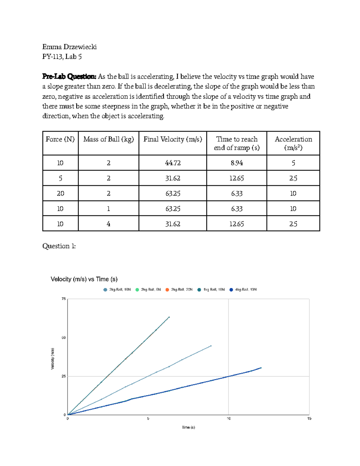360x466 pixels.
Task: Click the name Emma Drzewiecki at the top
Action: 69,47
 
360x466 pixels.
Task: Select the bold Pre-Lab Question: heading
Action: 69,77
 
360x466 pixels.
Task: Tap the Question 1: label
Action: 59,246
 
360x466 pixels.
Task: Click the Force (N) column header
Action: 60,139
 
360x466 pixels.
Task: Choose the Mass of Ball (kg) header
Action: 109,139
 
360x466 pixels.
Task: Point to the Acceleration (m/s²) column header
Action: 293,143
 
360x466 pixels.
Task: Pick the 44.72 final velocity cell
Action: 172,163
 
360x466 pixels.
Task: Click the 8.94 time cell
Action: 236,163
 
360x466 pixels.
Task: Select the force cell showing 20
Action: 60,194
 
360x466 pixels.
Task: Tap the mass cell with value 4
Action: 108,224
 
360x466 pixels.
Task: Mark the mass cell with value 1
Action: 108,209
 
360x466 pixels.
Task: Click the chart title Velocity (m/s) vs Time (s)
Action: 84,279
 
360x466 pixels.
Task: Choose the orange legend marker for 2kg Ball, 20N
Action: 167,290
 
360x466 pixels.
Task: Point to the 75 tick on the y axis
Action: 64,299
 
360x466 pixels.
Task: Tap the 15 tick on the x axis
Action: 309,419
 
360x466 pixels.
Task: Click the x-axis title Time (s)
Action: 188,427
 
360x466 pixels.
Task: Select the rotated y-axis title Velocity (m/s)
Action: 53,359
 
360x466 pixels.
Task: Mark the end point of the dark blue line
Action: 261,368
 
